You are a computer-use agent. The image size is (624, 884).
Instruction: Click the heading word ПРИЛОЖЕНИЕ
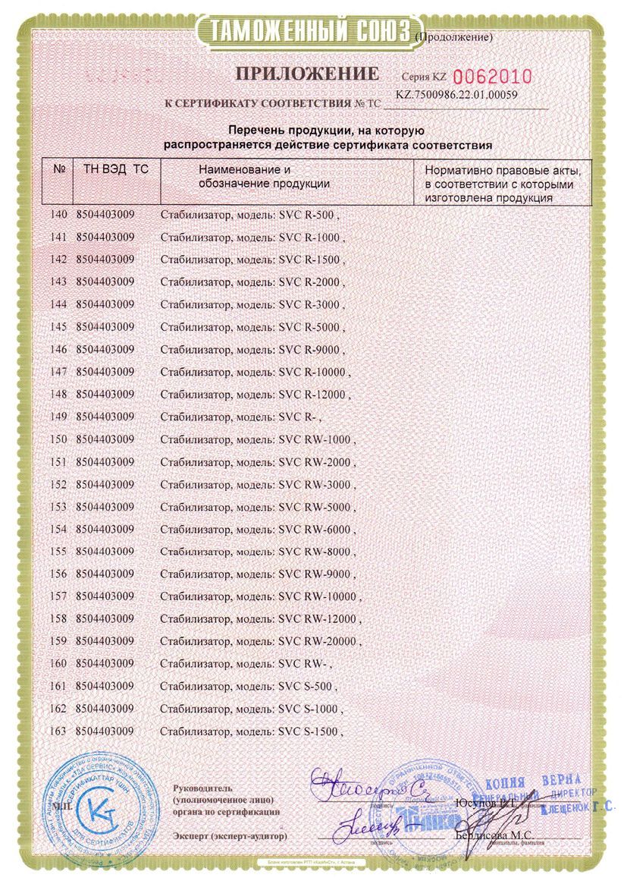click(x=306, y=74)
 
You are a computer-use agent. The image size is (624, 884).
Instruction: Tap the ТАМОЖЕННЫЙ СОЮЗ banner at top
click(x=303, y=31)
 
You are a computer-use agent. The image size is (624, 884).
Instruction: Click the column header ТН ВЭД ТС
click(x=111, y=170)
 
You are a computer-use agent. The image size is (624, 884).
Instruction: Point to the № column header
click(x=58, y=170)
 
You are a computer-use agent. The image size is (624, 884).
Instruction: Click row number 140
click(x=58, y=215)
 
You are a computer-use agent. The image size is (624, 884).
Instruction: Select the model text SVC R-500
click(x=305, y=215)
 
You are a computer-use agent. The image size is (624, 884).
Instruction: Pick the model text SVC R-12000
click(x=311, y=395)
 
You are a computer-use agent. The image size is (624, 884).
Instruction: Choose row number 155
click(x=58, y=552)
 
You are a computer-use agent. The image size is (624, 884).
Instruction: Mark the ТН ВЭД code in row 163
click(x=105, y=731)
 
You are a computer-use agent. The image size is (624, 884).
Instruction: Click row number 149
click(x=58, y=417)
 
